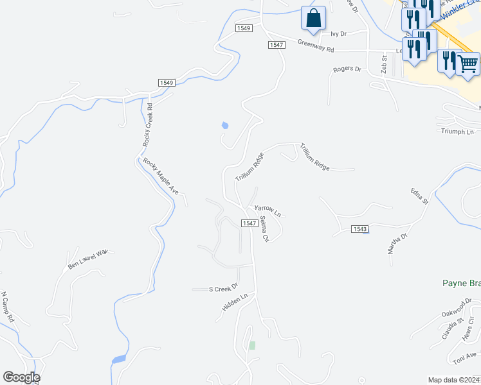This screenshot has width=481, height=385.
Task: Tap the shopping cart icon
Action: click(x=467, y=65)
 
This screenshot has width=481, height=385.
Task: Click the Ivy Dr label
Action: click(x=338, y=33)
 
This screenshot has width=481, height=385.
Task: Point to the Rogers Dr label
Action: click(x=347, y=69)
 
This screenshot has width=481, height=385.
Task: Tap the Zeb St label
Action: click(x=384, y=64)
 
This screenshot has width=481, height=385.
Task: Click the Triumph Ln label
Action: click(x=457, y=131)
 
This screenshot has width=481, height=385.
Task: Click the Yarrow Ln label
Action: click(x=268, y=209)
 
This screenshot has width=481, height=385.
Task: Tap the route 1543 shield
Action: click(x=360, y=229)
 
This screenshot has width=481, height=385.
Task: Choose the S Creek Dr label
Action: click(x=223, y=288)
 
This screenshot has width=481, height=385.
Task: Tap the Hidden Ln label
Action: click(x=235, y=303)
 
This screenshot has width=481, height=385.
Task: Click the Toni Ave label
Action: click(x=464, y=358)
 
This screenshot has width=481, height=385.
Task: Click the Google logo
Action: click(x=21, y=377)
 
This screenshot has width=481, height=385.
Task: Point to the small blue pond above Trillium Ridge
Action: click(x=224, y=125)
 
